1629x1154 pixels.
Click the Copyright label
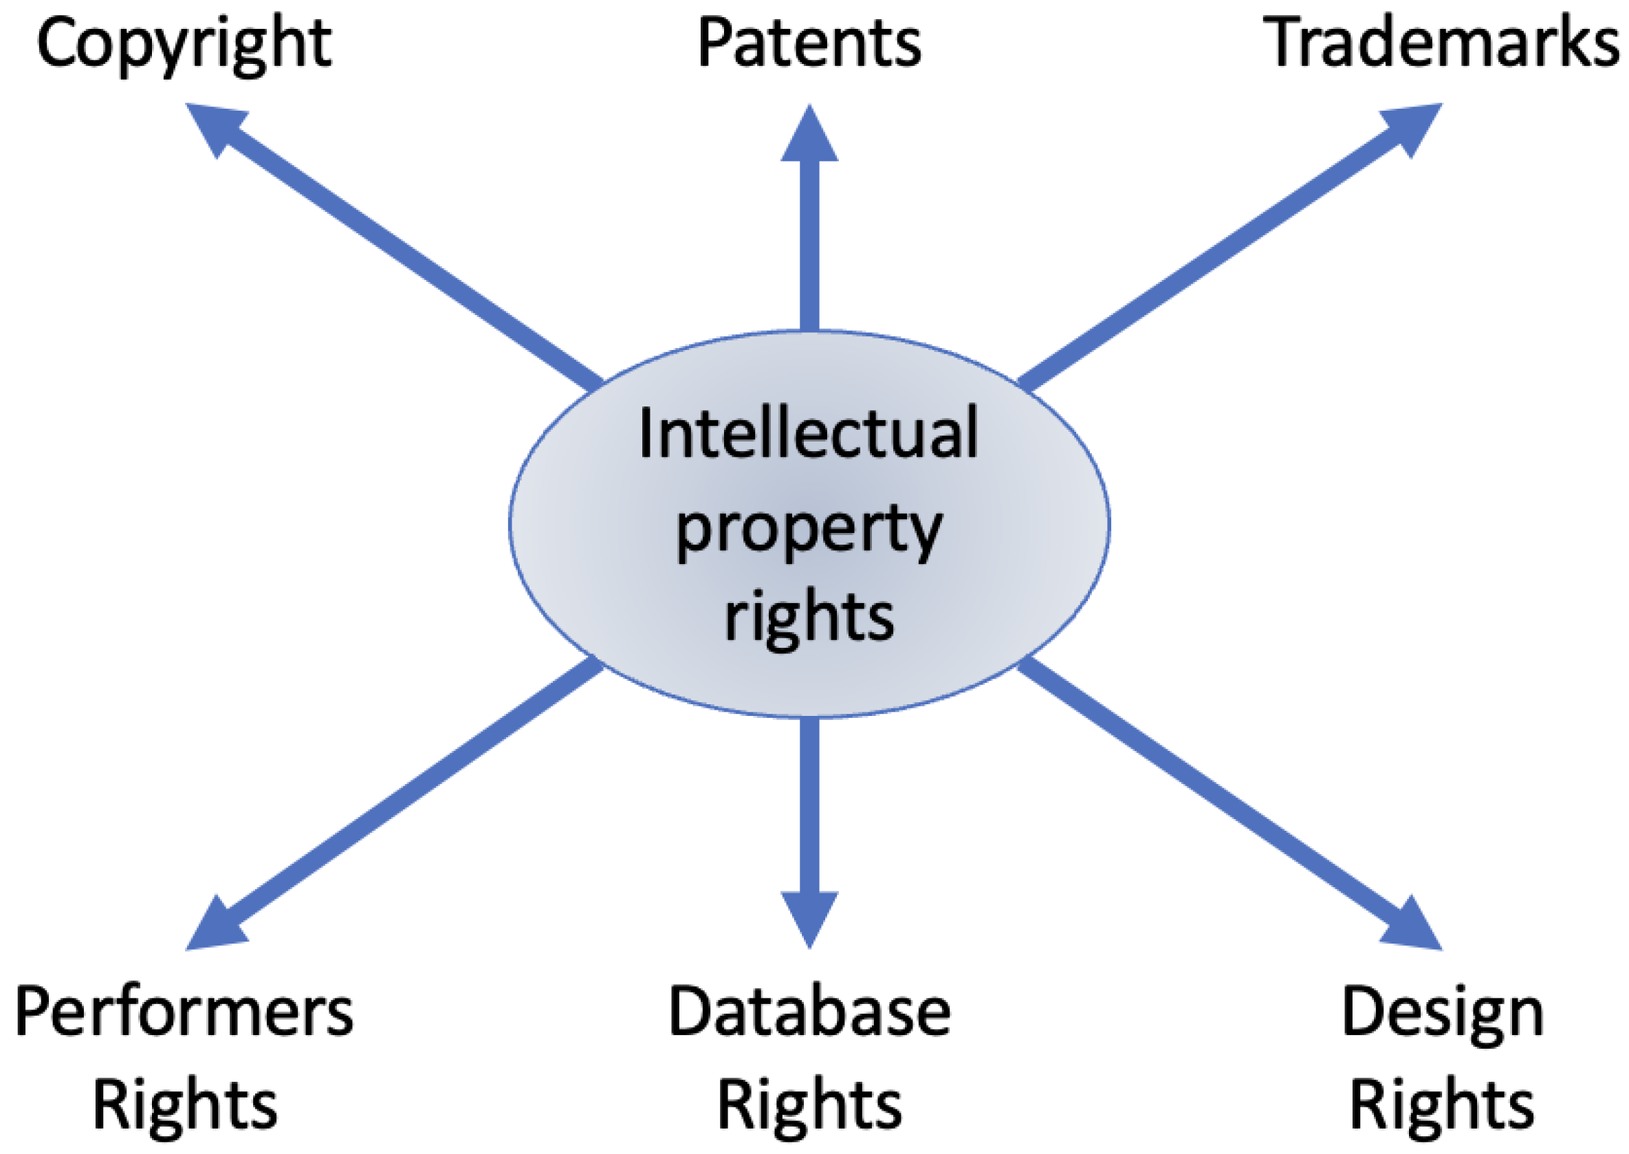coord(184,44)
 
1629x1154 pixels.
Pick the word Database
coord(809,1010)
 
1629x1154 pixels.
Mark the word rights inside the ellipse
coord(809,617)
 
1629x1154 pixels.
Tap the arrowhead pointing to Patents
coord(809,138)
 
